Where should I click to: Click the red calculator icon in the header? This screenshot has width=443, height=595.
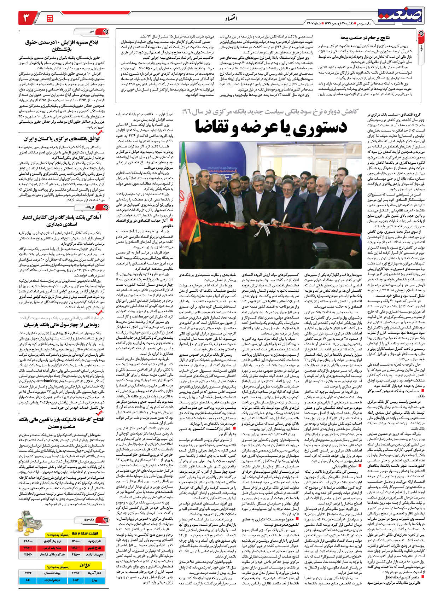[50, 18]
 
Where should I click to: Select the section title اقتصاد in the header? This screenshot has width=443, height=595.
[231, 18]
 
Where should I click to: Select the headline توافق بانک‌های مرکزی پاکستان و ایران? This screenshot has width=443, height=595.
[62, 139]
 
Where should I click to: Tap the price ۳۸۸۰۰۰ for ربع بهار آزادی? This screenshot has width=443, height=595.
[28, 541]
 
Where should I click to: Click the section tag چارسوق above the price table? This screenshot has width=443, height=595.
[88, 519]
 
